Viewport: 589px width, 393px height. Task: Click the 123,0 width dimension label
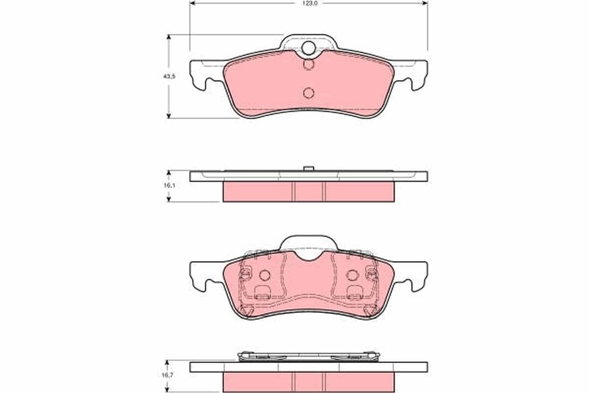click(x=309, y=3)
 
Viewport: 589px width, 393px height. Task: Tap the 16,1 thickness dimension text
click(x=169, y=186)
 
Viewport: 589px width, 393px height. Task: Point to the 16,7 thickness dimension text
click(x=169, y=375)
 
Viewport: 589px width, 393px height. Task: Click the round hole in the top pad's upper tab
click(x=309, y=48)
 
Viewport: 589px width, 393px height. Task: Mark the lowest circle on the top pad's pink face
click(x=309, y=92)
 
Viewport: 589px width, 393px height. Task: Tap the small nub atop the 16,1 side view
click(x=309, y=168)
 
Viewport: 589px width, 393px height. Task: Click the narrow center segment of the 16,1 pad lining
click(x=309, y=191)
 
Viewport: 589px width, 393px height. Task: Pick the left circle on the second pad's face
click(x=265, y=276)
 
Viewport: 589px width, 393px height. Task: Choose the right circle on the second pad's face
click(x=352, y=276)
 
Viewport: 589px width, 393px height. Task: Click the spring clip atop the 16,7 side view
click(x=309, y=356)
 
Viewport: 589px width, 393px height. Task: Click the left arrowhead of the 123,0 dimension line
click(x=192, y=3)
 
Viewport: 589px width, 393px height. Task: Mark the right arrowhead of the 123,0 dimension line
click(x=425, y=3)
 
